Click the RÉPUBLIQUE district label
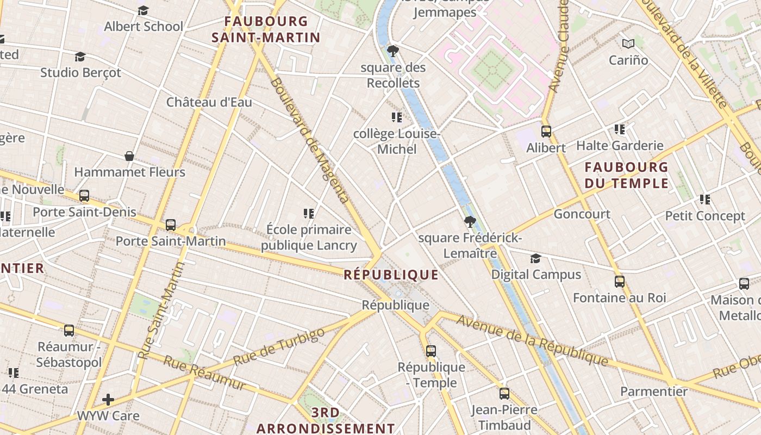391,275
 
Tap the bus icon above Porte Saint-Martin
171,225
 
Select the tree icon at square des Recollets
392,52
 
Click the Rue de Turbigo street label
279,346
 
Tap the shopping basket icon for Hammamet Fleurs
129,157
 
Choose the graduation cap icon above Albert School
143,11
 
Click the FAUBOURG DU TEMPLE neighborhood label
626,175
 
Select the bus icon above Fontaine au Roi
619,282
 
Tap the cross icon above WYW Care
108,400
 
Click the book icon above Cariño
628,43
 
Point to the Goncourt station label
582,214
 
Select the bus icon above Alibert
546,132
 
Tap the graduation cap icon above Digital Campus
535,258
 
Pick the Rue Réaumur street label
204,373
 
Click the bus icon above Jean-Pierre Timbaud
504,394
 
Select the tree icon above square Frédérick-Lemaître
470,222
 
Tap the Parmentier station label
653,391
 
